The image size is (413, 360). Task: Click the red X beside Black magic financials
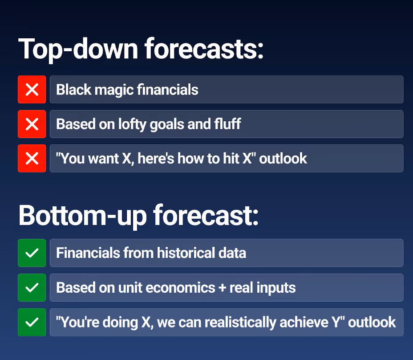coord(32,90)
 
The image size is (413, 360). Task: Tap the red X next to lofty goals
coord(32,124)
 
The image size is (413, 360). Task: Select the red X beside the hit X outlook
coord(32,158)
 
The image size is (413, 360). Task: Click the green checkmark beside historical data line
coord(32,253)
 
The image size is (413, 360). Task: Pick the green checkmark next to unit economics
coord(32,287)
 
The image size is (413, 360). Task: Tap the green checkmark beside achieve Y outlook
coord(32,322)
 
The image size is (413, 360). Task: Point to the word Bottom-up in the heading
coord(82,216)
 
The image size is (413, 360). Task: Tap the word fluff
coord(227,124)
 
